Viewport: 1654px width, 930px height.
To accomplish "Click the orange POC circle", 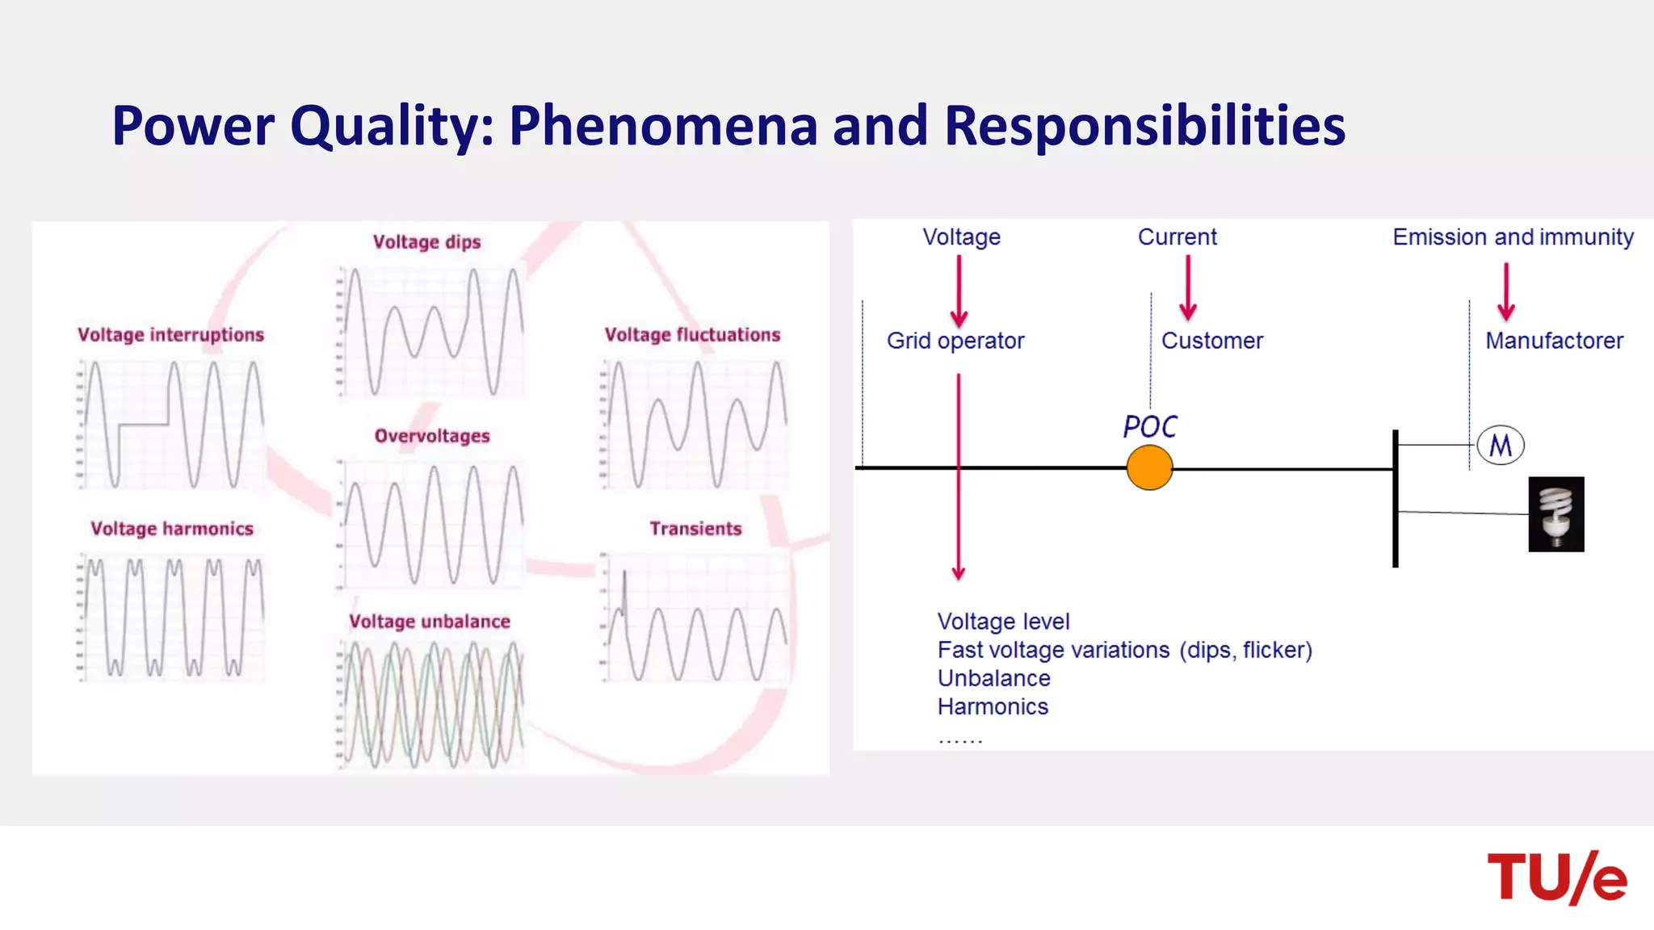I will click(1149, 468).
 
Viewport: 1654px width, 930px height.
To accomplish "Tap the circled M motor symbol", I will click(1501, 445).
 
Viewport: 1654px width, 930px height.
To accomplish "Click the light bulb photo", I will click(1556, 514).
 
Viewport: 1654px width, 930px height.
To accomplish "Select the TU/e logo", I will click(1556, 878).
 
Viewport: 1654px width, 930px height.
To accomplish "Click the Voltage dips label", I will click(426, 242).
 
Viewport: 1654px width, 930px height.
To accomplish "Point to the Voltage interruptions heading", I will click(170, 335).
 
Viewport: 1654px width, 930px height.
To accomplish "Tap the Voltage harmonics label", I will click(172, 529).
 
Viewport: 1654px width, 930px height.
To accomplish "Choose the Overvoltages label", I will click(432, 436).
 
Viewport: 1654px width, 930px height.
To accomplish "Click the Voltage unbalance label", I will click(430, 622).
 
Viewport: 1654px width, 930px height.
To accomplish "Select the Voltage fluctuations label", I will click(693, 335).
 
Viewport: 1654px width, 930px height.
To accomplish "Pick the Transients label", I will click(695, 529).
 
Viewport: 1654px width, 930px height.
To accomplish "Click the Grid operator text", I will click(955, 341).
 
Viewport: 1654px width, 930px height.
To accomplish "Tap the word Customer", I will click(1212, 341).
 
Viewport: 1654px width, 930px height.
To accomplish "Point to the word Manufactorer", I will click(1554, 341).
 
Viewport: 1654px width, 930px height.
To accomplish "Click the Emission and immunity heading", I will click(1513, 237).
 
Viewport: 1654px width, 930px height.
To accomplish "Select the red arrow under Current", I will click(1188, 288).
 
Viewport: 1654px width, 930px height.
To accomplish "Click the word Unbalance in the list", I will click(994, 678).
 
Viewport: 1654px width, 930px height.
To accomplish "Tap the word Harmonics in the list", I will click(993, 706).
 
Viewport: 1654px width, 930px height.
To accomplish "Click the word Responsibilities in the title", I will click(1144, 126).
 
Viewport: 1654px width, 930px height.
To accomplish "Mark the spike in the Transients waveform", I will click(624, 589).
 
